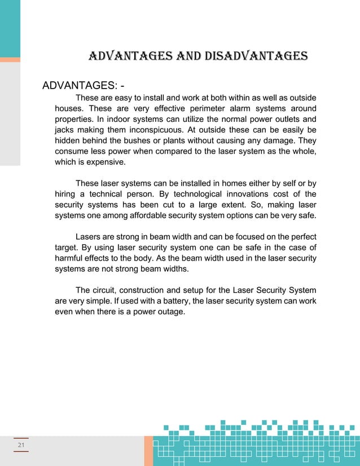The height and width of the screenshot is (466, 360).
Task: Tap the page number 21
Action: (21, 446)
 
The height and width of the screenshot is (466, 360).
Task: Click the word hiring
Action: (65, 194)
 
